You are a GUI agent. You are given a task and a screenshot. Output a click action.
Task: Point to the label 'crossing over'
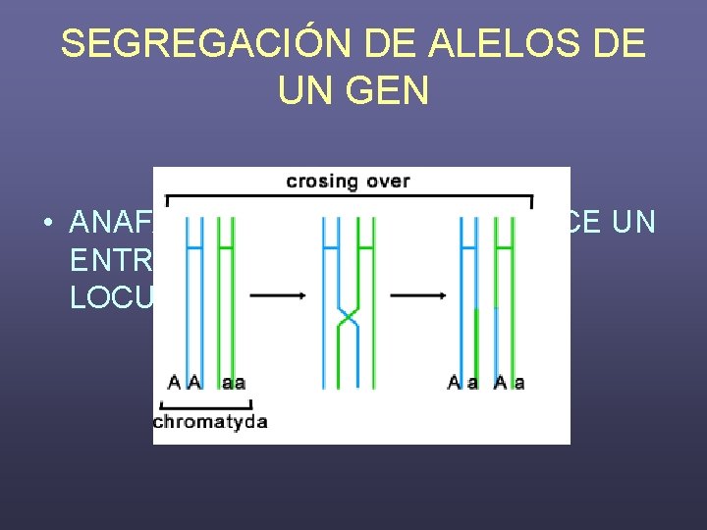point(348,181)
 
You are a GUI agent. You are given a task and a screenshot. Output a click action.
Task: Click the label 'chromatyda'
point(210,422)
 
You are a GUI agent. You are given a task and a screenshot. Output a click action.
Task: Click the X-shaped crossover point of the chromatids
point(348,316)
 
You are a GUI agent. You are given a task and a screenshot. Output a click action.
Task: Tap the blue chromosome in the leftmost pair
point(193,294)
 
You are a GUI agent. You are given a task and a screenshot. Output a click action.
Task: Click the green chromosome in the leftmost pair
point(226,294)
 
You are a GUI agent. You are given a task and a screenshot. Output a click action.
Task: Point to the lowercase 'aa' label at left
point(234,383)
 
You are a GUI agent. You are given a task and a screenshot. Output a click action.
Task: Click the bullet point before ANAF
point(47,224)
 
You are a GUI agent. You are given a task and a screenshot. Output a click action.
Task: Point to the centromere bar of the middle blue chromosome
point(333,245)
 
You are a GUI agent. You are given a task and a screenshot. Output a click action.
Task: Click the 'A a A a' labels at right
point(486,383)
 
